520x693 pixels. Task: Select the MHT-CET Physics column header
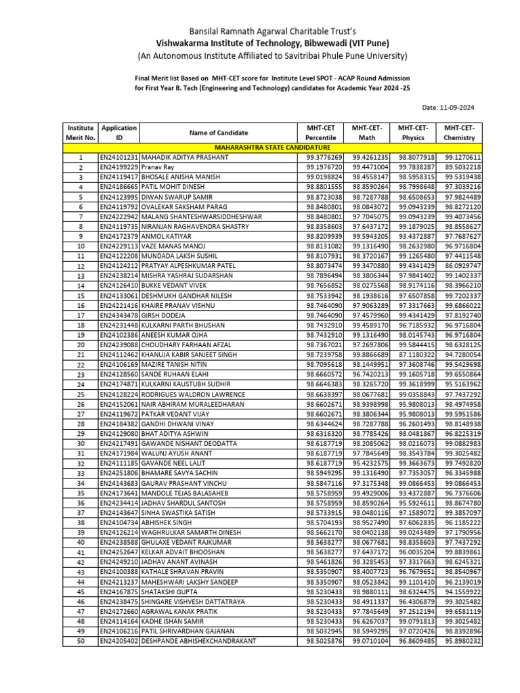click(x=415, y=133)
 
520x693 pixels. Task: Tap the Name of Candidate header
click(x=218, y=133)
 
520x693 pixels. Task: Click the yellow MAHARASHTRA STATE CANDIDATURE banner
click(x=272, y=147)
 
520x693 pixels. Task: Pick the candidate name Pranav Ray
click(x=158, y=167)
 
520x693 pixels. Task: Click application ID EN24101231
click(x=118, y=157)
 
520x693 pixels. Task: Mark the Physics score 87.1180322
click(x=416, y=355)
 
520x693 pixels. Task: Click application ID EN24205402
click(x=118, y=641)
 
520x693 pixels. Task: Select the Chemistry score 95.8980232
click(x=463, y=641)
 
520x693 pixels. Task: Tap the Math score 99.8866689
click(x=370, y=355)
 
